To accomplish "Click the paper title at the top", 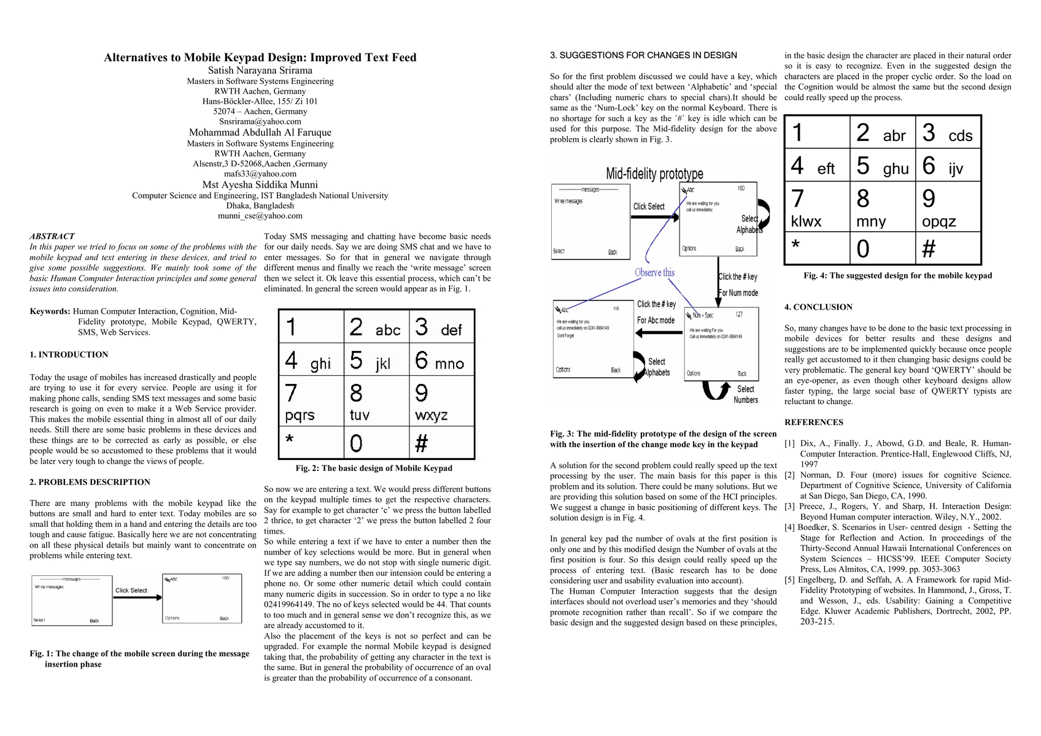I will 260,58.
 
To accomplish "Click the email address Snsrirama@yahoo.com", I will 260,121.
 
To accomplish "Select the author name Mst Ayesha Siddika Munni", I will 260,185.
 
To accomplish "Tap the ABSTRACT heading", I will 52,236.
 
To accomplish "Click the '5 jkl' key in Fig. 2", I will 376,359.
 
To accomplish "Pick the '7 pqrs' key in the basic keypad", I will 311,401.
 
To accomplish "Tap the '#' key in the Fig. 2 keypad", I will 441,443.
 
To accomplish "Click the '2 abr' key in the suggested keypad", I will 883,132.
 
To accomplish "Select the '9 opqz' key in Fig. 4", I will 948,207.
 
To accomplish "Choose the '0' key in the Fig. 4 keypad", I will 883,248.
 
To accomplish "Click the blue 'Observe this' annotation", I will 654,272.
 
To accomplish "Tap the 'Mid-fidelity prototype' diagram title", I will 654,174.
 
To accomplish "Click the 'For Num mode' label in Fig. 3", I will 738,293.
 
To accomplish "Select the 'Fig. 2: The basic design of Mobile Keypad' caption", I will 374,469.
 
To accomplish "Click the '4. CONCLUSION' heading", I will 818,307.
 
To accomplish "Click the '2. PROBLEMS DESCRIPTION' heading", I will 90,482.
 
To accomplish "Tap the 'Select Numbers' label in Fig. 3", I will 746,394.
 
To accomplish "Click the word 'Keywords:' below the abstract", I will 50,312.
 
